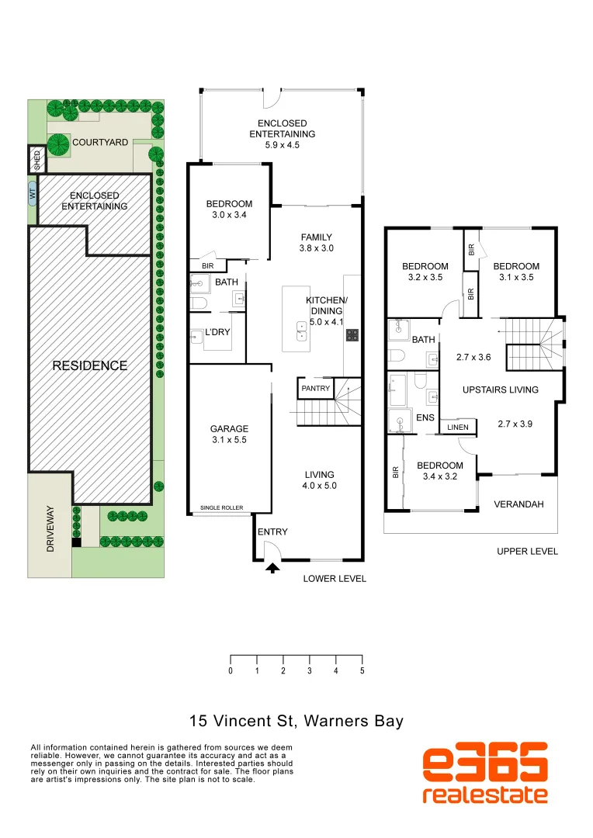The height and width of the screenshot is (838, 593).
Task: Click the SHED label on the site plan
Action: point(37,160)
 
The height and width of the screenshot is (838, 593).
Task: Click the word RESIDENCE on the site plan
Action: point(90,365)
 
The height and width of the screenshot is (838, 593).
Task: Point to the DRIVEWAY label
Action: point(50,528)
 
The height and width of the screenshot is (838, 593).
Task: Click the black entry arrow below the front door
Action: point(272,568)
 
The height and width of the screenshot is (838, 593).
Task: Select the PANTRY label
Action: point(316,388)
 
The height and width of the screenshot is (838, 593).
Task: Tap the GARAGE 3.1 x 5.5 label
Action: point(229,435)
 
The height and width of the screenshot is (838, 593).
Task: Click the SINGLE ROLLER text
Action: point(221,508)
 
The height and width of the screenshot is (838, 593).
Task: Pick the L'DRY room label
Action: point(218,332)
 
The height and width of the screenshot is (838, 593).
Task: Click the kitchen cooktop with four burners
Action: point(352,335)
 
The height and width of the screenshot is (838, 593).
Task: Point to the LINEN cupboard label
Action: point(458,427)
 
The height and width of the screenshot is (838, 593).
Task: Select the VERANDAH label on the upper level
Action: point(519,504)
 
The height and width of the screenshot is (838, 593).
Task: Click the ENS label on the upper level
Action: point(425,417)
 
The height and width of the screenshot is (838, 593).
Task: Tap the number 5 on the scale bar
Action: point(362,670)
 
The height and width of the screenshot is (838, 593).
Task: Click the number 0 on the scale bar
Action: point(231,670)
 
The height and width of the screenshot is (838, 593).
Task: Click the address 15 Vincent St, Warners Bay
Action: point(297,721)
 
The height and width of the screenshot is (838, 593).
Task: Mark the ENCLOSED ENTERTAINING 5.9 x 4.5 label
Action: point(282,134)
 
